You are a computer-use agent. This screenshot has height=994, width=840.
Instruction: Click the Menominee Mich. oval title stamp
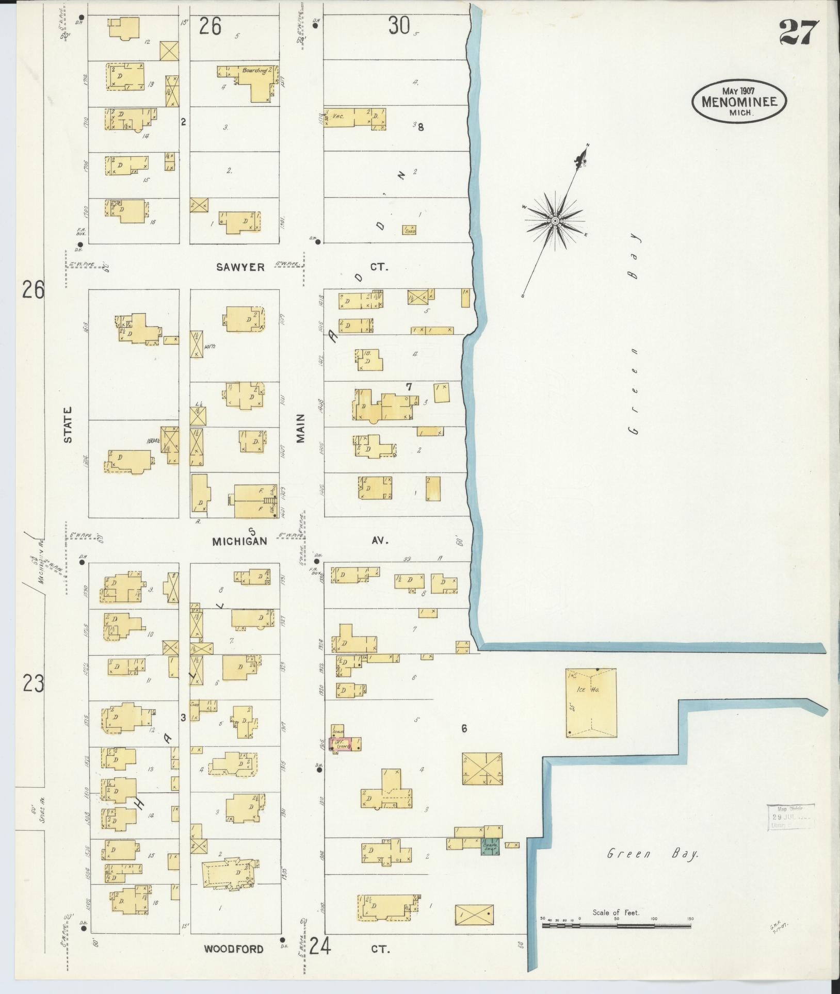point(738,101)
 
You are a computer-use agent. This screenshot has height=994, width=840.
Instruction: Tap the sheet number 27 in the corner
point(798,32)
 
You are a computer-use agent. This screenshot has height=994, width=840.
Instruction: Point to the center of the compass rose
point(555,221)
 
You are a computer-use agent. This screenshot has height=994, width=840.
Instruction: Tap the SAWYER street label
point(240,267)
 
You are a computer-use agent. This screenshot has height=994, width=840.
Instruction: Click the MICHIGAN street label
point(240,541)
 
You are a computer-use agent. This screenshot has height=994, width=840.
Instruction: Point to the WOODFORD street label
point(233,949)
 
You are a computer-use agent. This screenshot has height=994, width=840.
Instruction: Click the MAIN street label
point(301,428)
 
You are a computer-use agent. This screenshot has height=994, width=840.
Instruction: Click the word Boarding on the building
point(254,70)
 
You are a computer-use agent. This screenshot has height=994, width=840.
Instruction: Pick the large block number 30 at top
point(399,25)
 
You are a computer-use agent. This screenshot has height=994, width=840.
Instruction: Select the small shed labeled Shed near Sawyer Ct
point(409,230)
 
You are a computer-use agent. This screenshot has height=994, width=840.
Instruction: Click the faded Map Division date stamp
point(790,817)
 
